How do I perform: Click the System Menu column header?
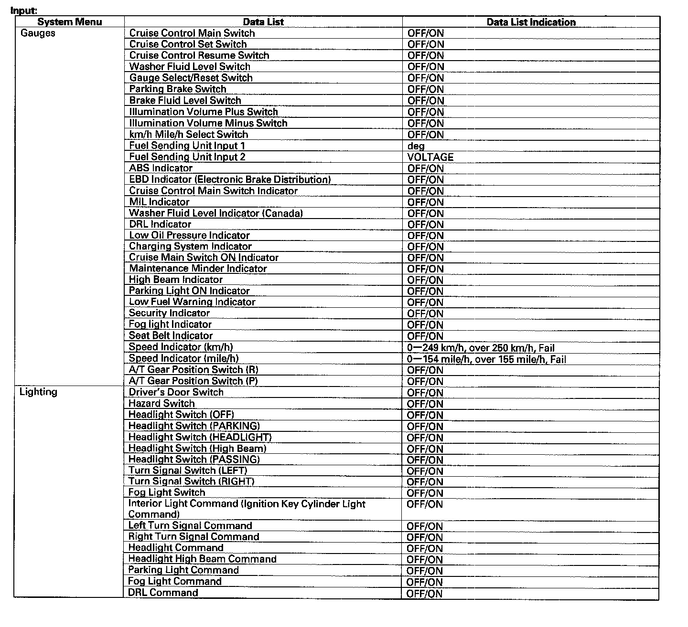coord(70,22)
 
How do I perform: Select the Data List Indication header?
coord(531,22)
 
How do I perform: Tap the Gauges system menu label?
coord(38,33)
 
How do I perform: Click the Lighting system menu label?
coord(38,392)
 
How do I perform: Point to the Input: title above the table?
coord(24,10)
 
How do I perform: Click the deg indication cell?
coord(416,146)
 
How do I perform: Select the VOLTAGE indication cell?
coord(430,157)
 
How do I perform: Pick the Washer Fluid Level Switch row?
coord(190,67)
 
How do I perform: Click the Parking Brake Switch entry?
coord(178,89)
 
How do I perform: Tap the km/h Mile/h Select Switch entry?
coord(189,135)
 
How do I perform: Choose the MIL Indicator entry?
coord(159,202)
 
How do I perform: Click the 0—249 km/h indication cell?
coord(481,348)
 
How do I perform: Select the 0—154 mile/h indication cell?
coord(486,359)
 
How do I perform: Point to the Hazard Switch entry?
coord(161,404)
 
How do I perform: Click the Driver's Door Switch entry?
coord(176,392)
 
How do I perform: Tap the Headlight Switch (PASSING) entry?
coord(194,460)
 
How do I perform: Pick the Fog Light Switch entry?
coord(167,492)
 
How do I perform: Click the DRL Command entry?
coord(163,593)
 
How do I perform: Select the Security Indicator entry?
coord(169,313)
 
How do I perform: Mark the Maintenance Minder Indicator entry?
coord(198,269)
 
